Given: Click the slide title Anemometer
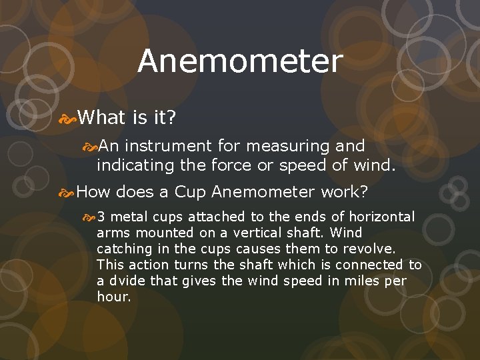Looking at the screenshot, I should point(240,62).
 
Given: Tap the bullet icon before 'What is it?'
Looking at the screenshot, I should point(68,118).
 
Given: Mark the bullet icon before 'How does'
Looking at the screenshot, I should point(67,193).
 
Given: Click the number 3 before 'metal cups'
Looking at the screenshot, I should point(102,217).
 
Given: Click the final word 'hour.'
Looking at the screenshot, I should point(113,297).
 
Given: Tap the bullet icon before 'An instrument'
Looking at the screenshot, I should point(89,146).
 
